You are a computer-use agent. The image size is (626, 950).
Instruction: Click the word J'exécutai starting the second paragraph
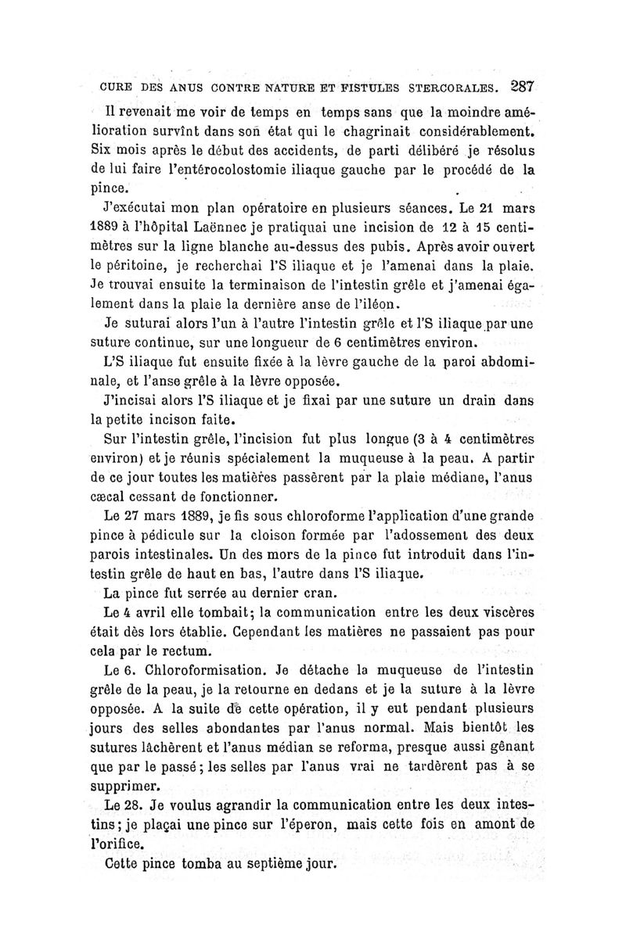coord(138,209)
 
